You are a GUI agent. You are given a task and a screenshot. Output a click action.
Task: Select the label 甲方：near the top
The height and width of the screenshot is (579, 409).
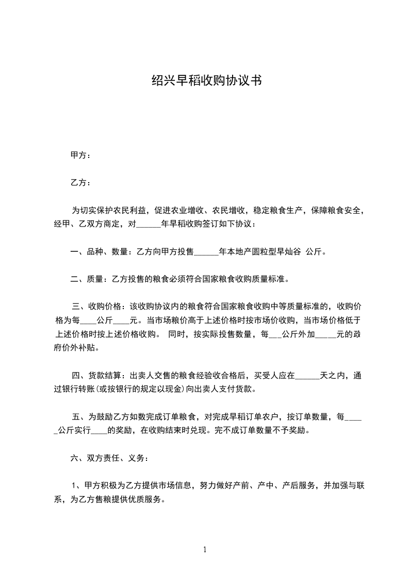pos(80,155)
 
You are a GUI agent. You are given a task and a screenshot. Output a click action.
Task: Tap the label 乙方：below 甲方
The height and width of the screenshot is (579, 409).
pos(80,183)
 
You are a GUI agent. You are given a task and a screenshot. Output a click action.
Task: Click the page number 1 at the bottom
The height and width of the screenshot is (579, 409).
pos(205,550)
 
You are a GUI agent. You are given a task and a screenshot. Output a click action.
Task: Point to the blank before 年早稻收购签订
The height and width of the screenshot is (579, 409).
pos(150,224)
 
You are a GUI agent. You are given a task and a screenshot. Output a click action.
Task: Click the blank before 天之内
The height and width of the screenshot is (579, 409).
pos(307,376)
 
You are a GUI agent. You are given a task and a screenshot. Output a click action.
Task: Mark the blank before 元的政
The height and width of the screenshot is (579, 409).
pos(325,334)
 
